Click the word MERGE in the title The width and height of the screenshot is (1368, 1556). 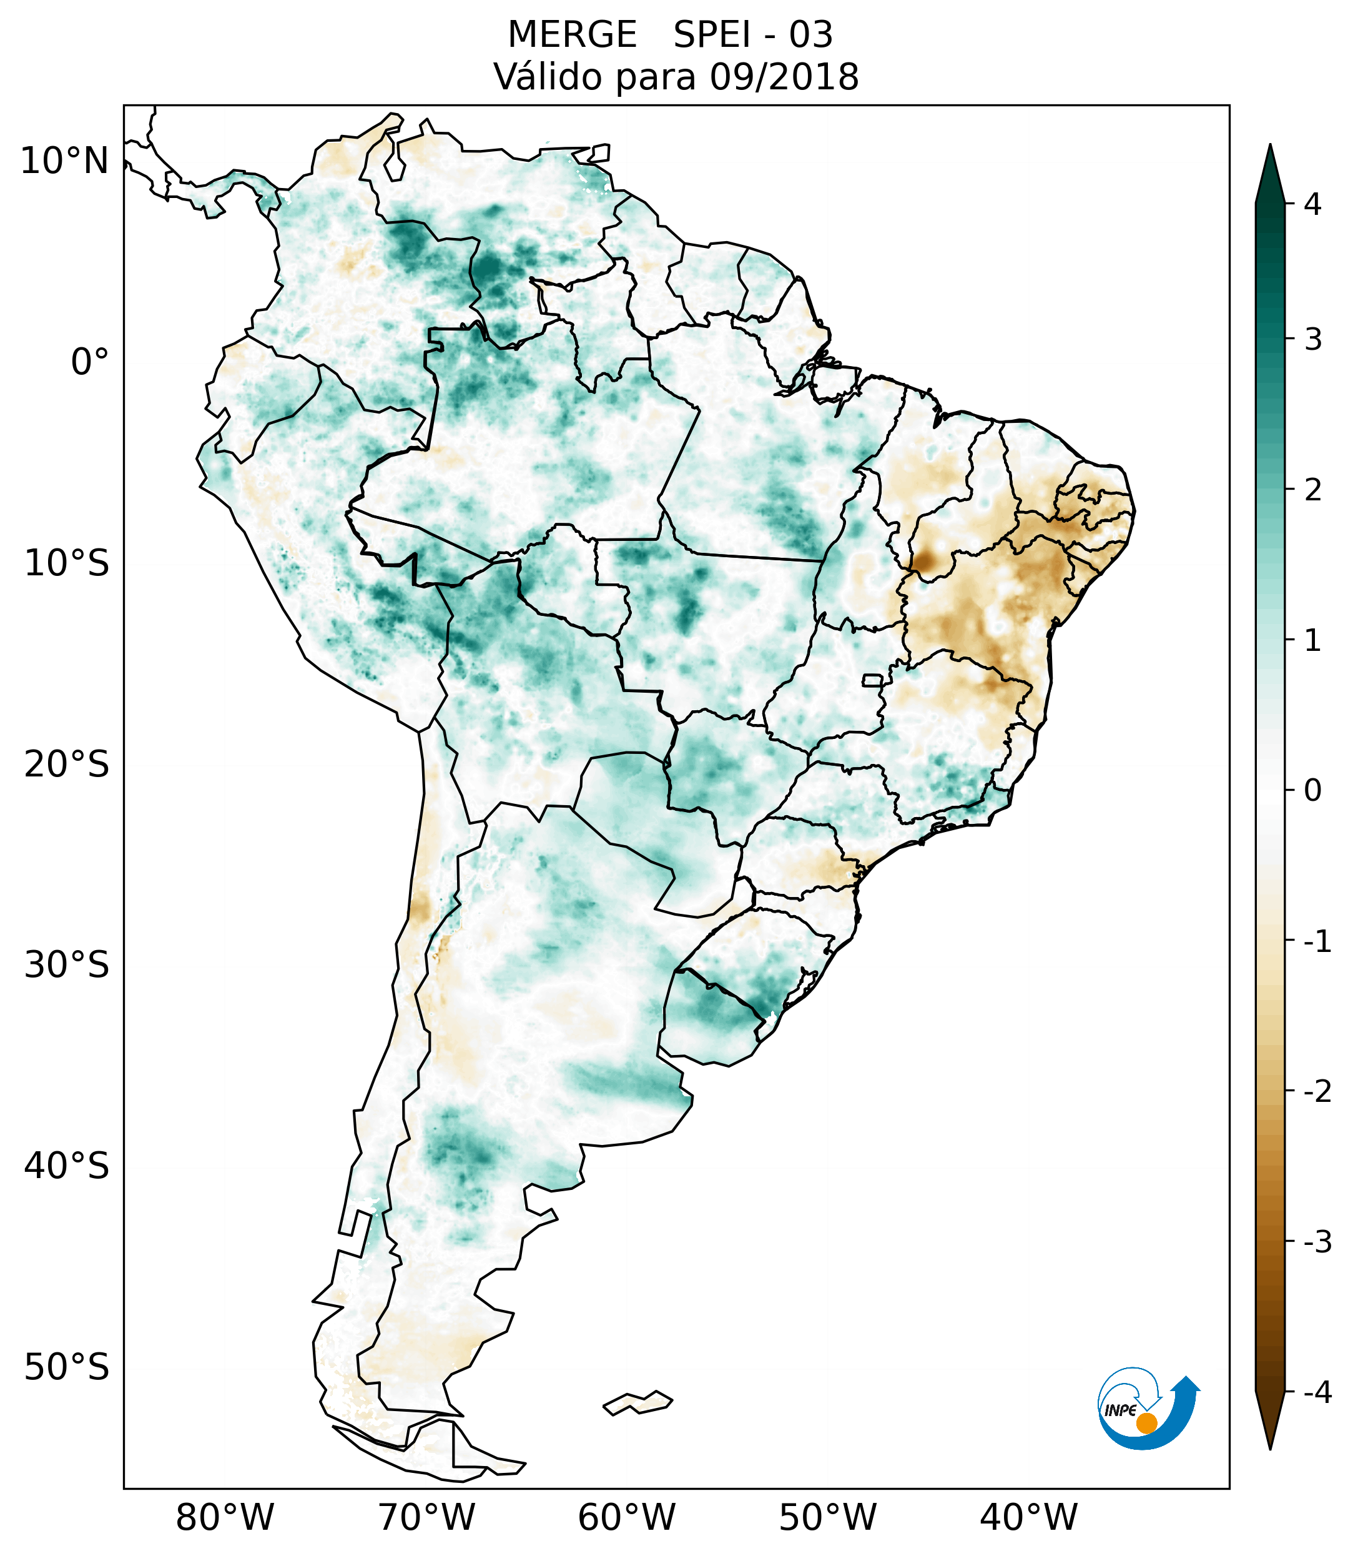click(571, 35)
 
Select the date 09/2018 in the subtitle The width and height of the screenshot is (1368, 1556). click(784, 77)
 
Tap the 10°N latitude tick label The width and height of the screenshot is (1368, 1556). click(65, 161)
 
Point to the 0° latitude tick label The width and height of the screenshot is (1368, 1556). click(90, 362)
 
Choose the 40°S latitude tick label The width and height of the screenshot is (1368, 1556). click(67, 1166)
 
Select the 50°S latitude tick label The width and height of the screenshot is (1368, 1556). click(67, 1367)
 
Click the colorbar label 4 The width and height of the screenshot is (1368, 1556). click(1312, 204)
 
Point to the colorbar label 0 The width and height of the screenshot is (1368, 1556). click(1312, 790)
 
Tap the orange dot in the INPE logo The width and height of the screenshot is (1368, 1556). click(1146, 1423)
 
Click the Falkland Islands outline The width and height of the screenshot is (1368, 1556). click(637, 1402)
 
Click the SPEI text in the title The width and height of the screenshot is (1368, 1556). click(711, 35)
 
